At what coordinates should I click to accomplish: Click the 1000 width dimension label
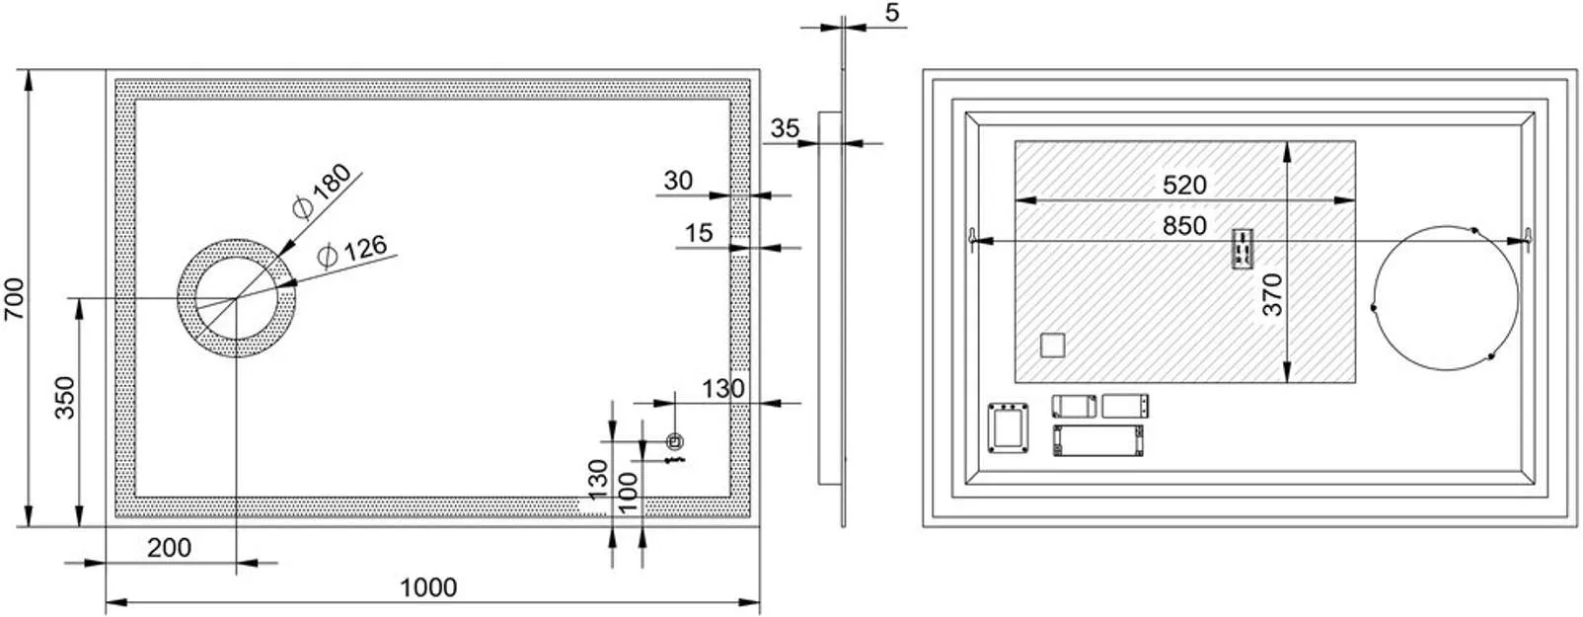[x=428, y=587]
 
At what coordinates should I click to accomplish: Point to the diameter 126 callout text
[x=352, y=252]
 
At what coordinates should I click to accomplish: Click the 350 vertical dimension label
[x=64, y=397]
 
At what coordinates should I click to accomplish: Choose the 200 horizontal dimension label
[x=169, y=547]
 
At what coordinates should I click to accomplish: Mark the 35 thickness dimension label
[x=785, y=128]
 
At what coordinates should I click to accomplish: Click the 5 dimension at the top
[x=893, y=13]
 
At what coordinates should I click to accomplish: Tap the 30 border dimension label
[x=678, y=180]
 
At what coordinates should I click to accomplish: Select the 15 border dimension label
[x=698, y=233]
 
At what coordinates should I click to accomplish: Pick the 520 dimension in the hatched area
[x=1184, y=185]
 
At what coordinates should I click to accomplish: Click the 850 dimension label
[x=1184, y=226]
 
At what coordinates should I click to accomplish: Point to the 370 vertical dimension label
[x=1273, y=294]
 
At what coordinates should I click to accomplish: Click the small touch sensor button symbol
[x=675, y=441]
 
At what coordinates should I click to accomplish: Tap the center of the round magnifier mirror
[x=236, y=296]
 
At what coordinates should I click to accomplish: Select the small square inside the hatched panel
[x=1053, y=346]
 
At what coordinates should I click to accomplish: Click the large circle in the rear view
[x=1446, y=297]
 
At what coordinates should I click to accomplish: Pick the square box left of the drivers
[x=1008, y=427]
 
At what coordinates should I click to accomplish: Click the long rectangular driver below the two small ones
[x=1097, y=440]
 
